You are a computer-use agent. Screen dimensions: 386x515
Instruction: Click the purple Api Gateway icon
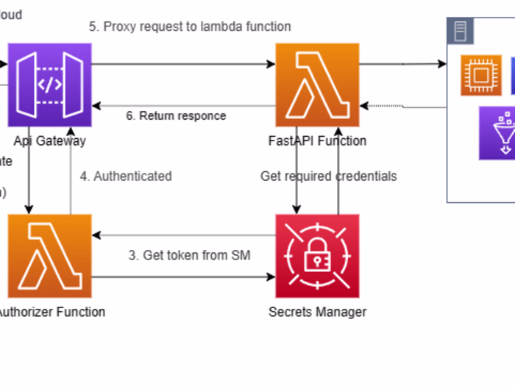(x=50, y=85)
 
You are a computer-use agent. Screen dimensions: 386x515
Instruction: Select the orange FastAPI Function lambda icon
(x=318, y=85)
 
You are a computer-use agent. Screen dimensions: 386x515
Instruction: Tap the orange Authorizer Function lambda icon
(x=50, y=256)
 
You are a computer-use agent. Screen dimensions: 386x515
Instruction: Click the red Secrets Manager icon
(x=318, y=256)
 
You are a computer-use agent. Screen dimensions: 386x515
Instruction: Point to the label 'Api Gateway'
(x=50, y=141)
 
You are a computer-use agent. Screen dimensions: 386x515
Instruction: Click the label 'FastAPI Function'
(x=318, y=141)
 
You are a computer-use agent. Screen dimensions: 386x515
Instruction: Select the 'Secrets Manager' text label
(x=318, y=312)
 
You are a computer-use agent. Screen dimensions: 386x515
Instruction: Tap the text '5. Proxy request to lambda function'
(x=190, y=26)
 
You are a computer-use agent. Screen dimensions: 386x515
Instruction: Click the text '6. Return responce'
(x=177, y=115)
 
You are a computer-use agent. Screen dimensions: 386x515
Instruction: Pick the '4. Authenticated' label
(x=126, y=176)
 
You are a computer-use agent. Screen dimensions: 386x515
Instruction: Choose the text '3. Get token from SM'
(x=189, y=256)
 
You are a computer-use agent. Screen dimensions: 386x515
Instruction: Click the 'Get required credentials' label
(x=329, y=176)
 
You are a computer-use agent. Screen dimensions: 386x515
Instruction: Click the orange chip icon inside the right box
(x=481, y=75)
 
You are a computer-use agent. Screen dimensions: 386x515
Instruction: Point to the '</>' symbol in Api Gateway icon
(x=50, y=85)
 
